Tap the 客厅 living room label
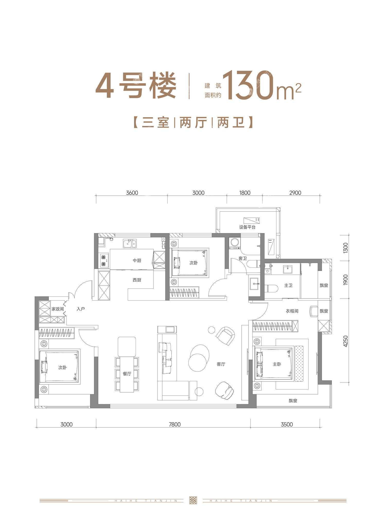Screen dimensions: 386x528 221,364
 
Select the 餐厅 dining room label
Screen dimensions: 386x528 127,374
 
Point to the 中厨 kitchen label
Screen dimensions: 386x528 137,260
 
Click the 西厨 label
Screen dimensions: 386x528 137,280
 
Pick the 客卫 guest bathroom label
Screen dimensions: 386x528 243,258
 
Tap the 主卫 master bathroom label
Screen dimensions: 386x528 288,285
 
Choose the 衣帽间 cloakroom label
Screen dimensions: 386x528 292,311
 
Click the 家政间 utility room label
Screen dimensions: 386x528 58,309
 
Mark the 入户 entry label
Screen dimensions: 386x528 81,309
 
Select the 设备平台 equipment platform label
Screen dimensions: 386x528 247,227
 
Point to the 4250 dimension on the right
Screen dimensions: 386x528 345,341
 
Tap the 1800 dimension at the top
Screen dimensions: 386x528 244,193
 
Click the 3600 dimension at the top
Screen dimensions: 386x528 132,193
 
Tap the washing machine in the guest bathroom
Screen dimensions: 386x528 234,243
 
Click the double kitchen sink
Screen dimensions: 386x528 130,243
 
